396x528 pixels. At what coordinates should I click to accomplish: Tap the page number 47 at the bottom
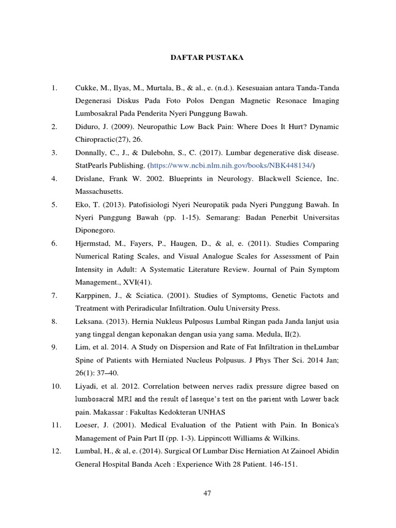pos(207,493)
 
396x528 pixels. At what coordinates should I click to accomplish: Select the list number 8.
pos(54,321)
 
